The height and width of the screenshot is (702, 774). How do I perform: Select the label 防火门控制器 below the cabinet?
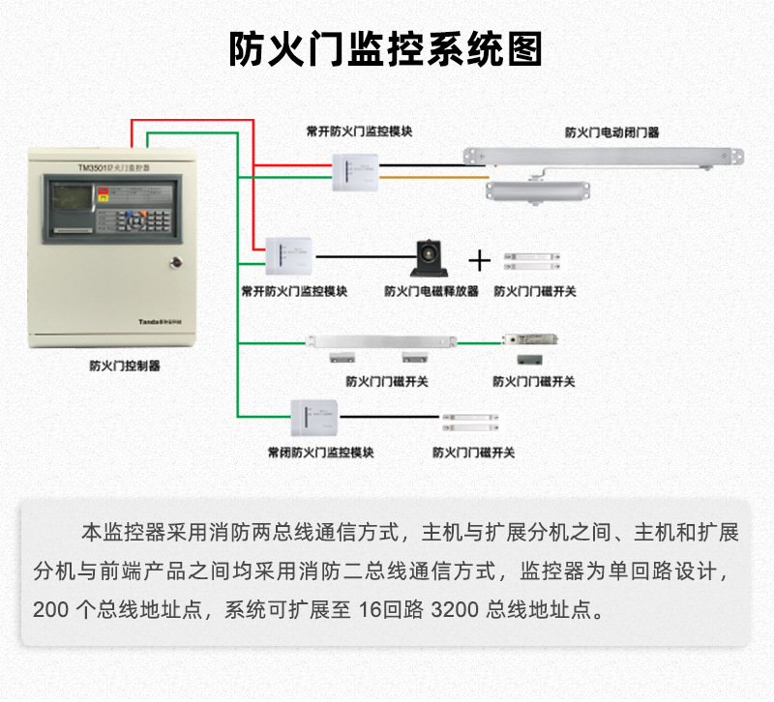click(124, 366)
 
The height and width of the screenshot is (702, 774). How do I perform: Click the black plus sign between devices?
click(480, 260)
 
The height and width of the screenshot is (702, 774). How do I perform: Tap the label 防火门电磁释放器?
click(432, 290)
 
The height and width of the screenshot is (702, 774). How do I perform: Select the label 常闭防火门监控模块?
click(320, 452)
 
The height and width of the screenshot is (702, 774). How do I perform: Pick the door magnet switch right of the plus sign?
click(530, 259)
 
